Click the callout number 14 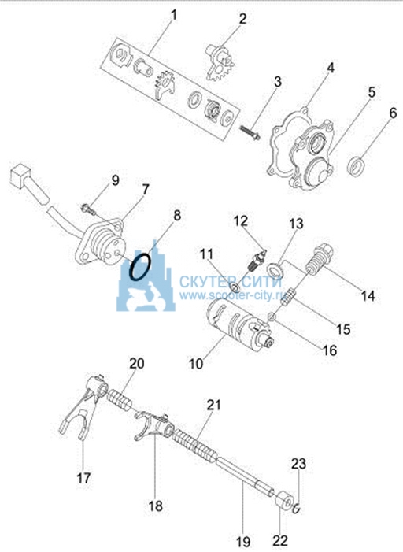click(x=368, y=296)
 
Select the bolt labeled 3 click(x=250, y=132)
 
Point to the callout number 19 click(x=243, y=542)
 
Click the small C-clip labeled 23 click(x=297, y=509)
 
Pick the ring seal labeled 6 click(x=356, y=166)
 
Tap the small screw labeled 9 click(x=89, y=209)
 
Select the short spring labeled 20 click(x=119, y=401)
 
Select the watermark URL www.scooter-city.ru click(x=231, y=295)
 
